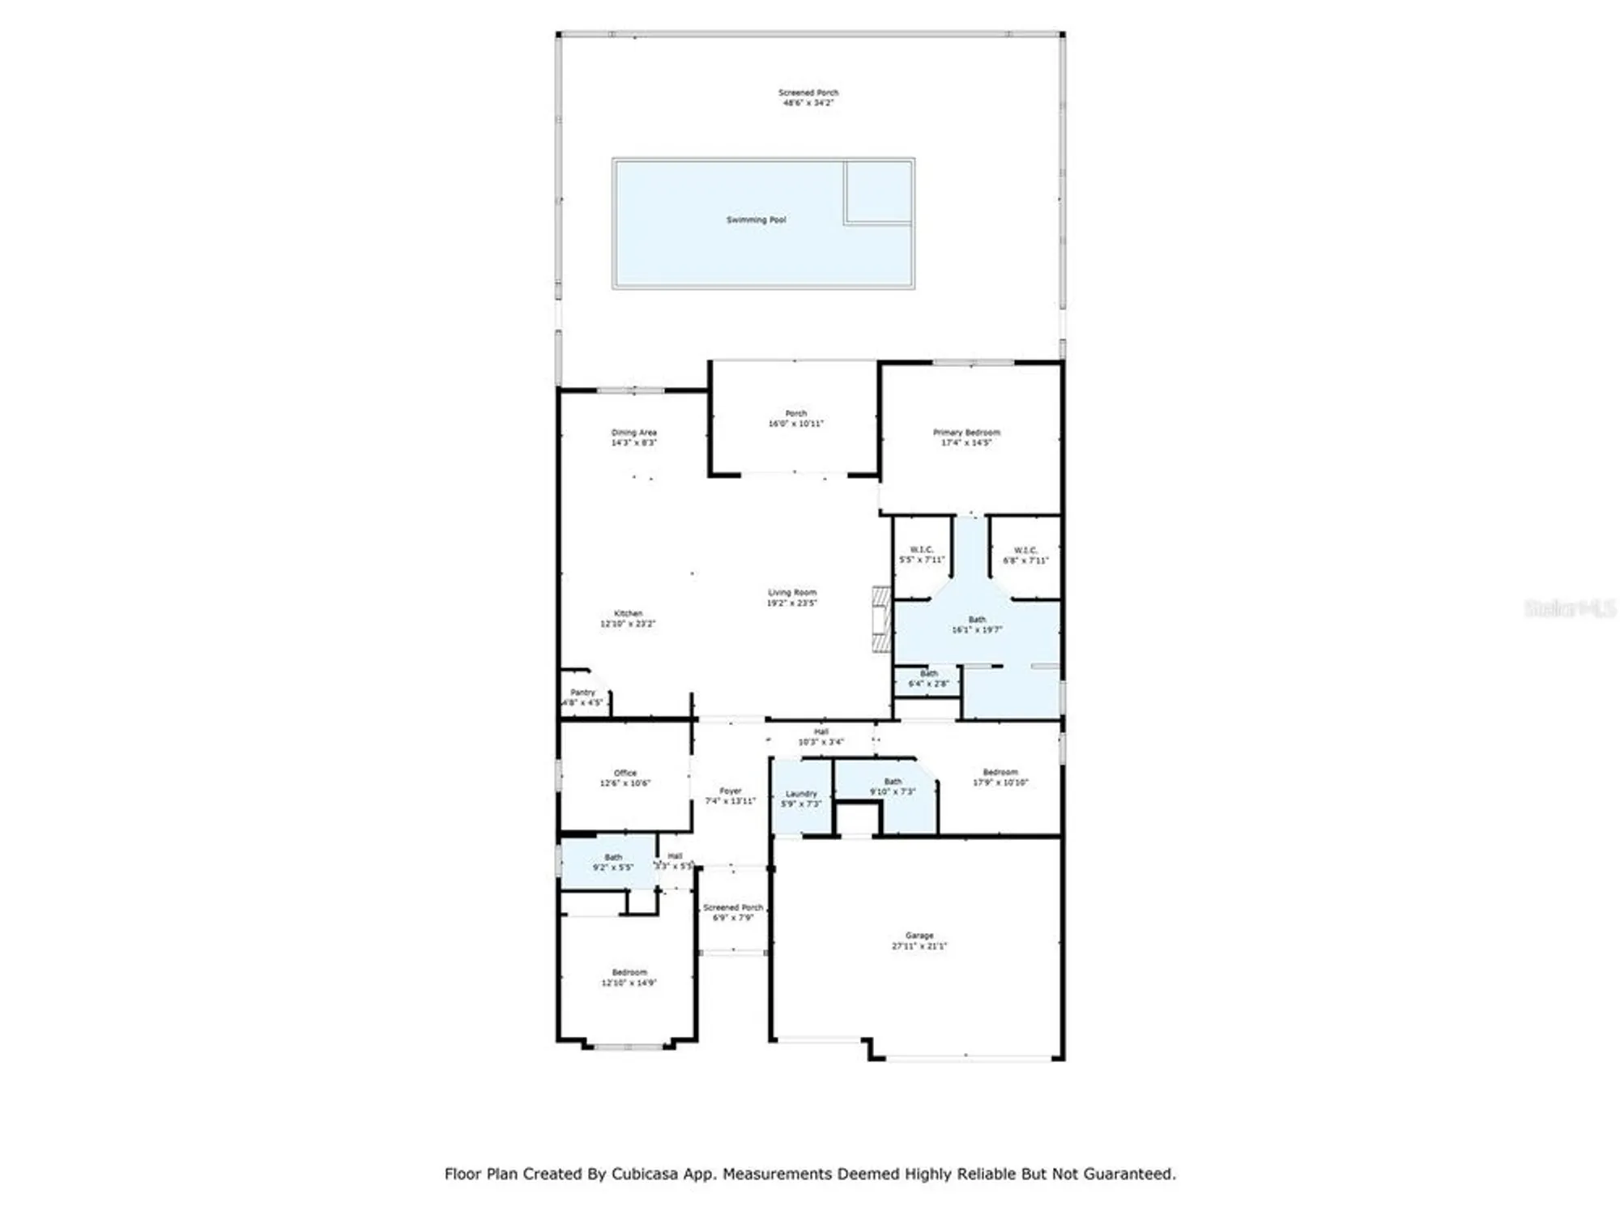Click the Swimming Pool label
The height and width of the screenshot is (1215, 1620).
[x=756, y=220]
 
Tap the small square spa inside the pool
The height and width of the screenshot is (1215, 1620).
[x=878, y=191]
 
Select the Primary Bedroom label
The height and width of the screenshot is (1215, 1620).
[x=966, y=433]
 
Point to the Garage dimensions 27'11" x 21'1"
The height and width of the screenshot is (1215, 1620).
[x=919, y=946]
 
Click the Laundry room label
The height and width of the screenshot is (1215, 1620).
[x=801, y=794]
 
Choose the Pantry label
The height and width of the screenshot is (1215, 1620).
[x=582, y=693]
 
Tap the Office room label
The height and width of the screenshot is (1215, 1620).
[x=625, y=773]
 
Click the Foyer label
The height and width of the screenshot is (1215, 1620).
[x=731, y=791]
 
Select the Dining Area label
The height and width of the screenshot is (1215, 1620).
[x=634, y=433]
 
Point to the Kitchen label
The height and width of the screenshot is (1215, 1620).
[x=628, y=613]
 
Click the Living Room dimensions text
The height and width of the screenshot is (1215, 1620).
[x=792, y=603]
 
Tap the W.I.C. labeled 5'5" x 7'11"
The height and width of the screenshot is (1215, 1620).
[x=922, y=555]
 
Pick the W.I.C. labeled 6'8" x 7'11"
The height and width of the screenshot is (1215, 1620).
[x=1025, y=555]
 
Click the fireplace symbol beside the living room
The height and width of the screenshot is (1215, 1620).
[x=881, y=620]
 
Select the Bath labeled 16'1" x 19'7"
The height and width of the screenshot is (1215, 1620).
[x=977, y=625]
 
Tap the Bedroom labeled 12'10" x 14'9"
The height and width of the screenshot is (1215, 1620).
[x=629, y=977]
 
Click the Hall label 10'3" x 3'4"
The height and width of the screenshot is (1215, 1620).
[x=821, y=736]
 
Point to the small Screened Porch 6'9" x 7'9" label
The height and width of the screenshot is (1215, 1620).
[x=733, y=912]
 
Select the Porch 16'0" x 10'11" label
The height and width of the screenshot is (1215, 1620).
[x=795, y=418]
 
